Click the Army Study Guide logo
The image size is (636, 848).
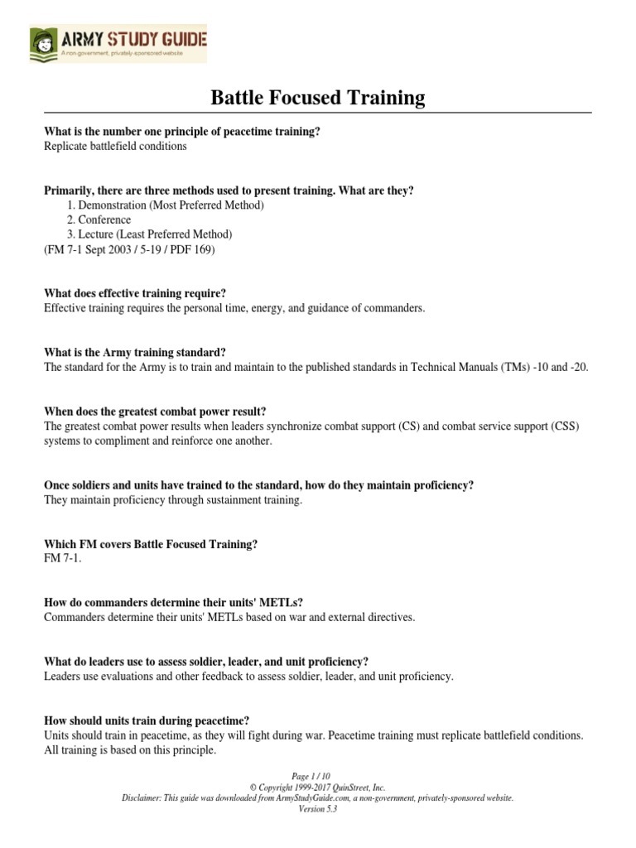pyautogui.click(x=118, y=43)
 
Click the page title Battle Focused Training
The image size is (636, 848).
pyautogui.click(x=318, y=99)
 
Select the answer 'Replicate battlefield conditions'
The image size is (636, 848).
pyautogui.click(x=115, y=147)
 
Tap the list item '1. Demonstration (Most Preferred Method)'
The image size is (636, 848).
pyautogui.click(x=165, y=205)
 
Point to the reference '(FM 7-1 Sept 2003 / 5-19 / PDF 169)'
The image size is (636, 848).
pyautogui.click(x=129, y=248)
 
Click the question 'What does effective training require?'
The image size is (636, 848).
pyautogui.click(x=135, y=293)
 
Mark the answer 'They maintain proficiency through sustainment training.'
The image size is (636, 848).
pyautogui.click(x=173, y=500)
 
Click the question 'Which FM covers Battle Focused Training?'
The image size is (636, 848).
pyautogui.click(x=151, y=544)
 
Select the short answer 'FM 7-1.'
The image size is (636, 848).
pyautogui.click(x=62, y=559)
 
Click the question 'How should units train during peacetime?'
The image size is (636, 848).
pyautogui.click(x=146, y=720)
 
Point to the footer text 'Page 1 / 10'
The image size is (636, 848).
pyautogui.click(x=318, y=777)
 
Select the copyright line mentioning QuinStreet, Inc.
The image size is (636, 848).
pyautogui.click(x=318, y=788)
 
